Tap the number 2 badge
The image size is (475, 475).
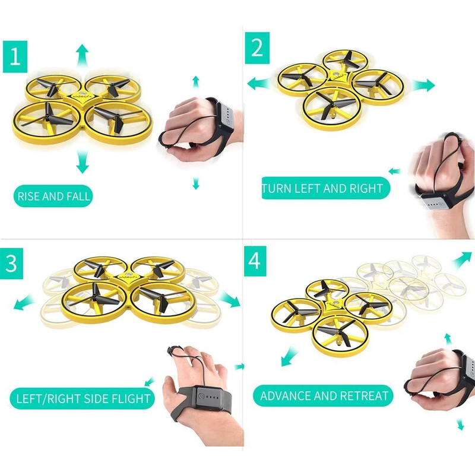(x=257, y=48)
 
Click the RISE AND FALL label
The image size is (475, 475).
(x=54, y=197)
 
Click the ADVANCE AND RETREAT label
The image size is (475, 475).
(x=324, y=395)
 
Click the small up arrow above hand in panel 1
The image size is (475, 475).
(x=195, y=81)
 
